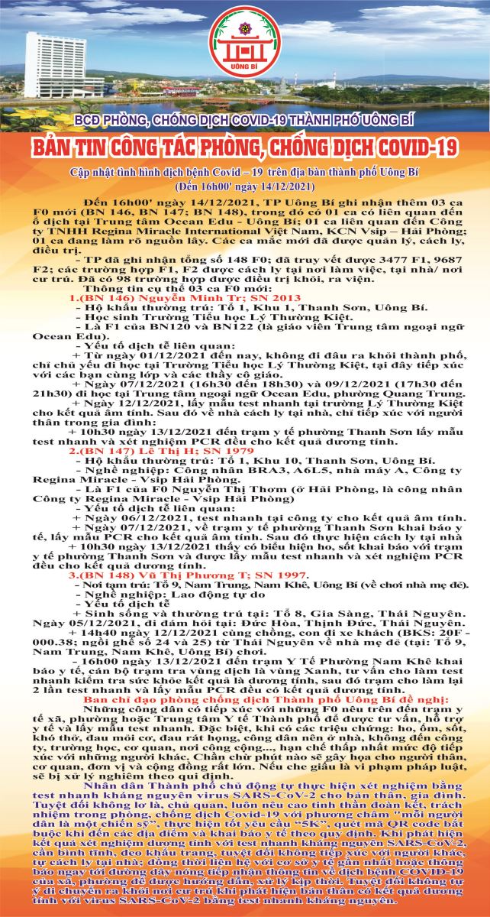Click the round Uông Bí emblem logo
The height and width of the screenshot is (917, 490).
click(245, 45)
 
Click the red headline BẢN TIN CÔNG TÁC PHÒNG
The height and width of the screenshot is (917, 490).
click(245, 145)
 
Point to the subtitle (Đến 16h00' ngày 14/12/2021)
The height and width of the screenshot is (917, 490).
click(245, 186)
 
